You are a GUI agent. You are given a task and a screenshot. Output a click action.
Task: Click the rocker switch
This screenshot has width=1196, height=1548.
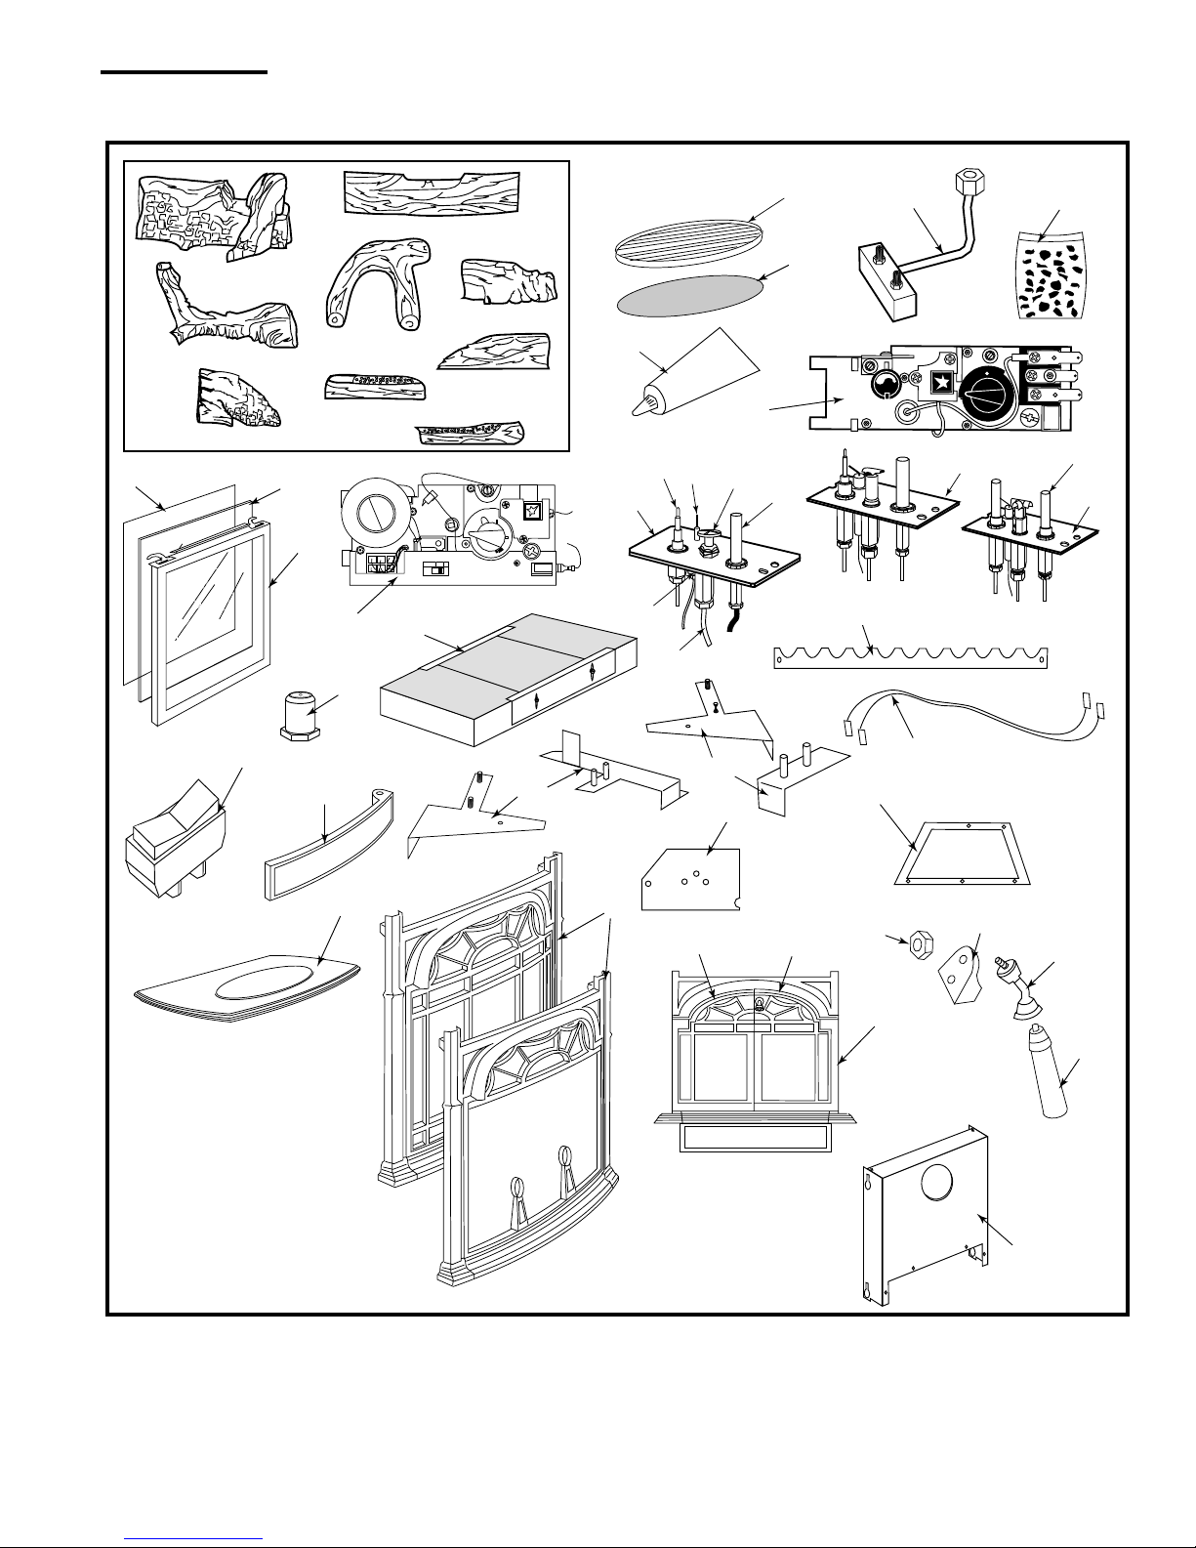click(x=176, y=835)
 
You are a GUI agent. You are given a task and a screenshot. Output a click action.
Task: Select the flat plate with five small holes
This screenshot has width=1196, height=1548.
click(x=689, y=880)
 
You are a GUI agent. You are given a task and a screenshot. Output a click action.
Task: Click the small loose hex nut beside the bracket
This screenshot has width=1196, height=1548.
click(x=918, y=944)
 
